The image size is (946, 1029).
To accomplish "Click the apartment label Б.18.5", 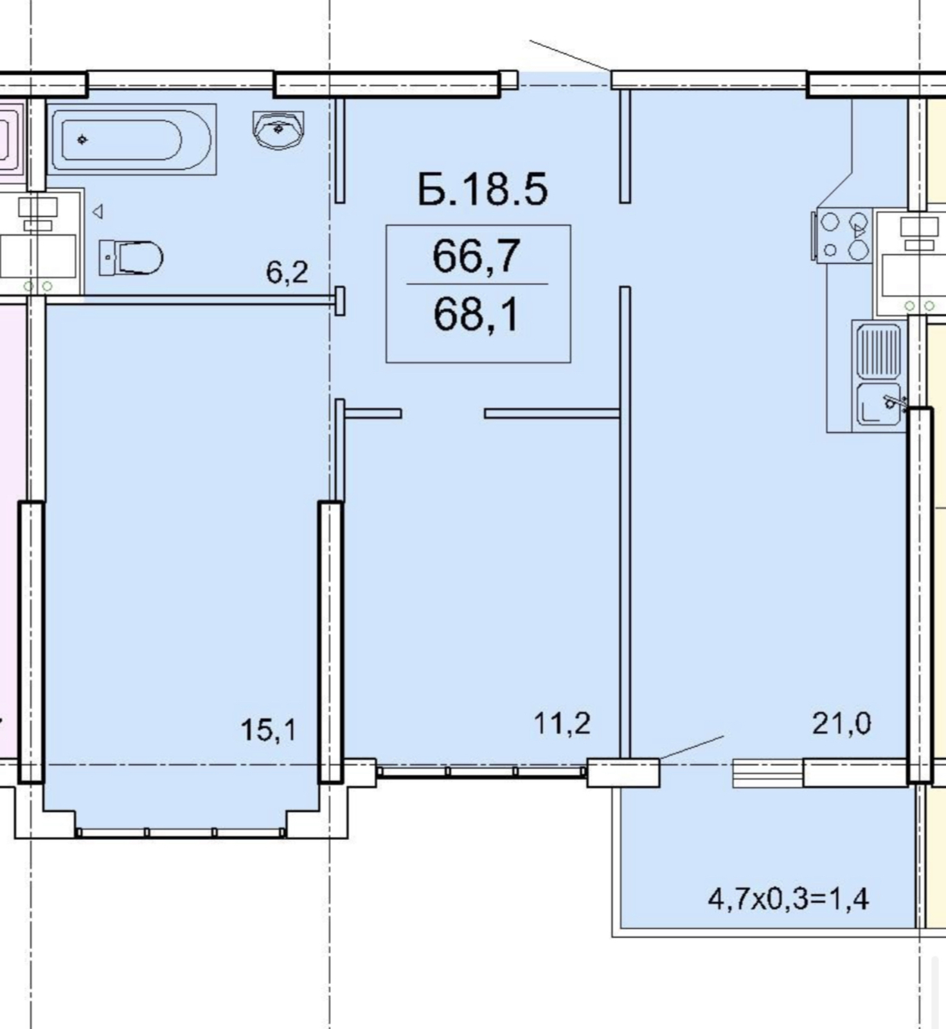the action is [x=482, y=189].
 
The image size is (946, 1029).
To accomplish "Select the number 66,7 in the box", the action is [x=476, y=256].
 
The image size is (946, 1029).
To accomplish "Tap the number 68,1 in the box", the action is [x=476, y=314].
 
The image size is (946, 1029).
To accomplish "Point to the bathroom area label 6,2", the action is [x=287, y=273].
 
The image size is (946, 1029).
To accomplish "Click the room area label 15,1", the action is [x=269, y=730].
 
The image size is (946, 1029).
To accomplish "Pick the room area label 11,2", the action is [x=562, y=724].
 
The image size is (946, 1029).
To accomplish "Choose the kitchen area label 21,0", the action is [x=842, y=724].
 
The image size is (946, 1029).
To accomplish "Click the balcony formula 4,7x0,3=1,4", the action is [x=789, y=898].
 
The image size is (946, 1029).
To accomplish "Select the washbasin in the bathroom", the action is [x=278, y=130].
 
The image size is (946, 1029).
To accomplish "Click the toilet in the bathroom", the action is [x=130, y=257].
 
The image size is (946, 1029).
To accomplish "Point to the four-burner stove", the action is [x=842, y=235].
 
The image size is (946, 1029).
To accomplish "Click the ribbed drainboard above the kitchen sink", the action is [x=878, y=351].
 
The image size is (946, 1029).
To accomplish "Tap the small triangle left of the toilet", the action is [x=98, y=212].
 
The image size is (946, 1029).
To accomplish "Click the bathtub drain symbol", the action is [x=82, y=139].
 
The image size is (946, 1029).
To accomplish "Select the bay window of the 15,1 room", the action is [x=181, y=832].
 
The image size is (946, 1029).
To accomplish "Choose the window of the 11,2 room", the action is [x=482, y=770].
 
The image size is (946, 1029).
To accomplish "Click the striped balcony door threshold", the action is [x=768, y=772].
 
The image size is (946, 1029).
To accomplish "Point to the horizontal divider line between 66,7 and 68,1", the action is [x=477, y=284].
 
